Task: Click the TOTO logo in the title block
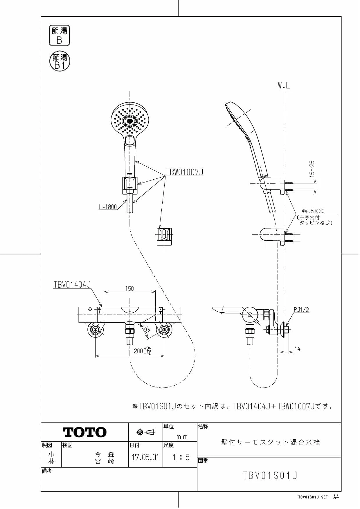[85, 432]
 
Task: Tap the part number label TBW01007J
[185, 172]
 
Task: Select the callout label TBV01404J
[72, 284]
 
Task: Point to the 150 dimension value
[129, 288]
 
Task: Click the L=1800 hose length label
[108, 207]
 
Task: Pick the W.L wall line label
[284, 85]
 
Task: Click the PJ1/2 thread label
[301, 310]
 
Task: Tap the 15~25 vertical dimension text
[312, 169]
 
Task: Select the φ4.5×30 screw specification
[313, 211]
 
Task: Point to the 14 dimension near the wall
[297, 349]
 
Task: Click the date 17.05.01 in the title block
[145, 458]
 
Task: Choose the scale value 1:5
[181, 458]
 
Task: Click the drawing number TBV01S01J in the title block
[270, 475]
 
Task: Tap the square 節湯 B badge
[59, 35]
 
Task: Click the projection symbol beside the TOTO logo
[146, 432]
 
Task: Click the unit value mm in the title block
[182, 437]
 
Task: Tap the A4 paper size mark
[336, 497]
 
